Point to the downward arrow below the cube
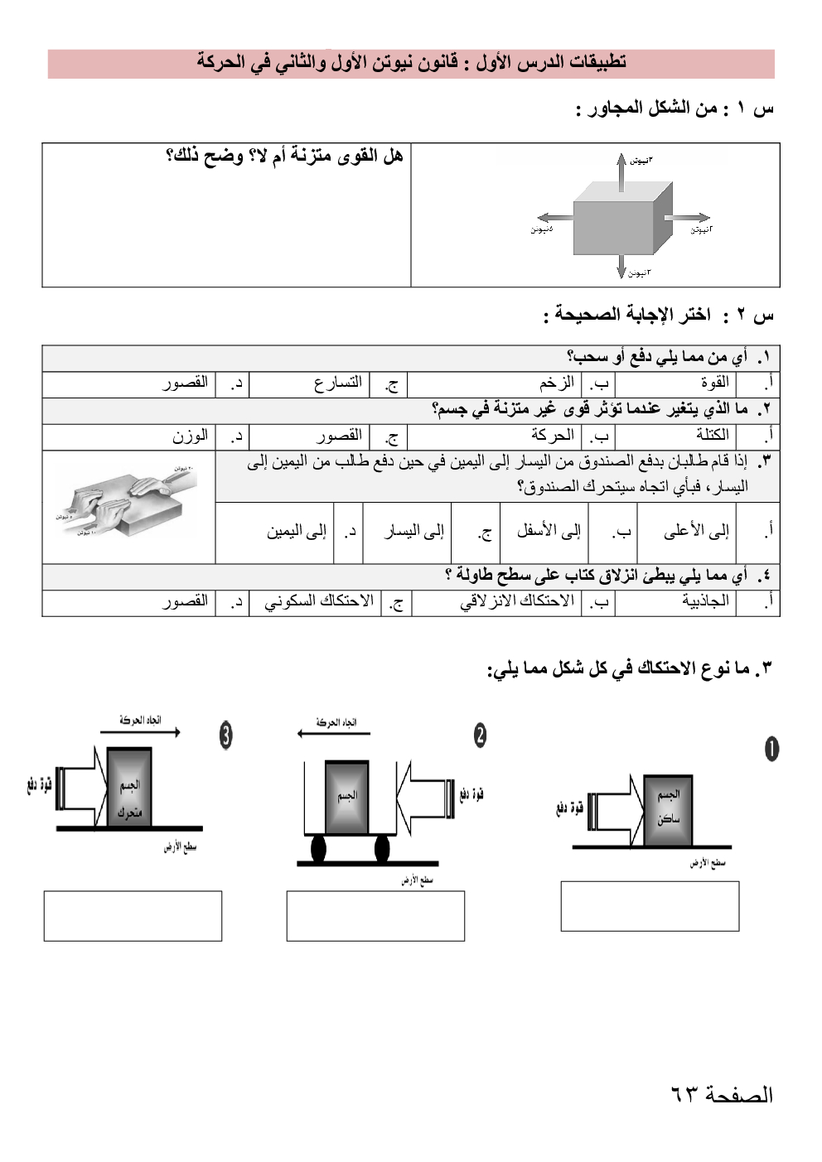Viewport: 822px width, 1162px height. tap(621, 265)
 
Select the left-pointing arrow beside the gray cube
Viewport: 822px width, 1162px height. tap(556, 218)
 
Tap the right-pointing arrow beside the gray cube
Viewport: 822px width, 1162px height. tap(687, 219)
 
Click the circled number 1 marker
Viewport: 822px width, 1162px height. tap(771, 749)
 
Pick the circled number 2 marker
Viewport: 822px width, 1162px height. tap(480, 735)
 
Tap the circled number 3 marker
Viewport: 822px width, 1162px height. tap(225, 735)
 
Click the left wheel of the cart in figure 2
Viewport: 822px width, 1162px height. tap(318, 848)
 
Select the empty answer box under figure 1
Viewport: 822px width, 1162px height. tap(650, 906)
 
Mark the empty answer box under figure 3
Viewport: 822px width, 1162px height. tap(133, 916)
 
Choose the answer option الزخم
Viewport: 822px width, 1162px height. tap(556, 383)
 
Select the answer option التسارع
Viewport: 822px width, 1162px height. tap(337, 383)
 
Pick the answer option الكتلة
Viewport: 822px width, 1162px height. tap(712, 435)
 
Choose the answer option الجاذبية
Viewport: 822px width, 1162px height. tap(705, 601)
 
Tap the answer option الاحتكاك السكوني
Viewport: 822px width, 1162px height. tap(319, 601)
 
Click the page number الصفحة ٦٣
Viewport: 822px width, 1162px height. tap(721, 1095)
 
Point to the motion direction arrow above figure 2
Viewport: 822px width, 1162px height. tap(333, 733)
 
